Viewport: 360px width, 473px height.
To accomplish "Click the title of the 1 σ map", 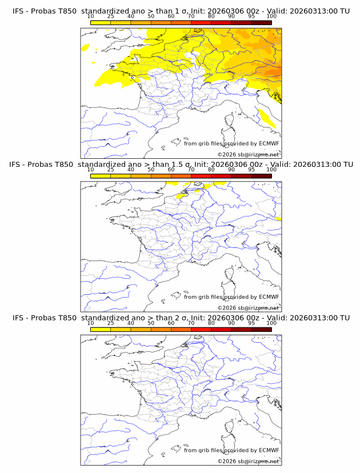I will coord(181,11).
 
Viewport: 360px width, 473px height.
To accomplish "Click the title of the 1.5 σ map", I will coord(181,164).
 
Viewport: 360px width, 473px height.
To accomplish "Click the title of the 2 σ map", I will coord(181,317).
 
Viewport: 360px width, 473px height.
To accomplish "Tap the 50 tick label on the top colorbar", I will coord(151,16).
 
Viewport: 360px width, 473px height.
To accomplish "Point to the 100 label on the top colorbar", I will coord(271,16).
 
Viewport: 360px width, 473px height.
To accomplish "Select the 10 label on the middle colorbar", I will coord(91,170).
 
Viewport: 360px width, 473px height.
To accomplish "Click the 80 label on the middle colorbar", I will coord(211,170).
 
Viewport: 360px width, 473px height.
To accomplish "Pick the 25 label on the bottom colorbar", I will coord(111,323).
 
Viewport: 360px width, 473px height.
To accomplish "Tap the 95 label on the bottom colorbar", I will coord(251,323).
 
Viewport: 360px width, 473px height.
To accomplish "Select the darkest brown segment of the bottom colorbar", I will coord(261,329).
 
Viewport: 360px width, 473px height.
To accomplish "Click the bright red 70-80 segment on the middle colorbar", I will coord(201,176).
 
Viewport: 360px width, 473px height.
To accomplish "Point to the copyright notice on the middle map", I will coord(249,308).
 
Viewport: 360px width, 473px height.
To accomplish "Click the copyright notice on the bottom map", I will coord(249,461).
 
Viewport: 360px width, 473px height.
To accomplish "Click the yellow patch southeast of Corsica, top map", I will coord(267,118).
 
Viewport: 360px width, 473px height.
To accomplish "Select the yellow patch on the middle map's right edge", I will coord(278,218).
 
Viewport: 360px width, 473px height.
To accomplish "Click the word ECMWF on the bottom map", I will coord(269,450).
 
